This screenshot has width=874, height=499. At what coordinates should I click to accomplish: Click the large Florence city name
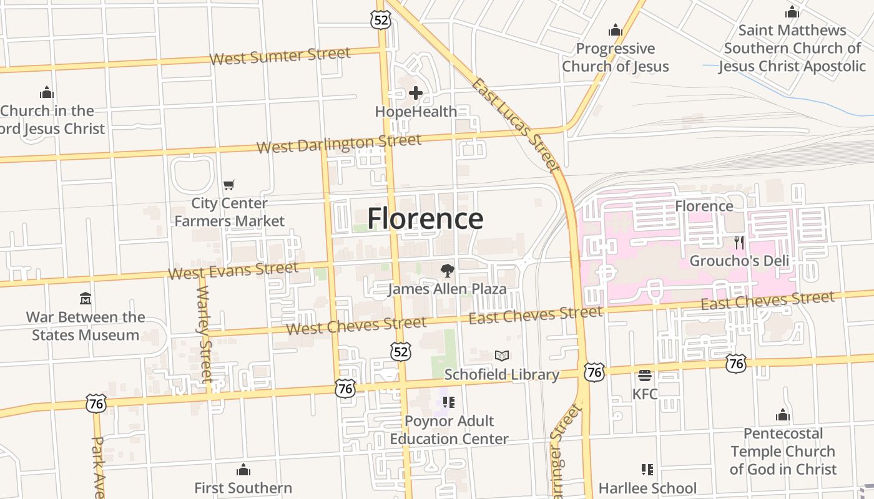pyautogui.click(x=425, y=219)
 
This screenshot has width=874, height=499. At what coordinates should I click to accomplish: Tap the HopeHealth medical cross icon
pyautogui.click(x=416, y=94)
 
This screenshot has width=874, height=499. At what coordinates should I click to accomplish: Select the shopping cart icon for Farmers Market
pyautogui.click(x=229, y=185)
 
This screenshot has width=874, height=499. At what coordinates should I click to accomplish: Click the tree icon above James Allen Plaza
pyautogui.click(x=447, y=270)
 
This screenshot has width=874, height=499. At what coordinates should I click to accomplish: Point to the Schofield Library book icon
pyautogui.click(x=502, y=356)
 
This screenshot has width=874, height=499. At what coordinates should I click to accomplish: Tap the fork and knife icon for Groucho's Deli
pyautogui.click(x=739, y=242)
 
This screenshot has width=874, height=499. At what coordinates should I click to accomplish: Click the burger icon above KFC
pyautogui.click(x=645, y=375)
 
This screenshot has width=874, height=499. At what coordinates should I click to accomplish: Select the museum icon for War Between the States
pyautogui.click(x=86, y=298)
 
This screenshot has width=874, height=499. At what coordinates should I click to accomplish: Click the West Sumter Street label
pyautogui.click(x=280, y=56)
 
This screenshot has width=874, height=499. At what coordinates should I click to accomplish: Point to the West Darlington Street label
pyautogui.click(x=339, y=143)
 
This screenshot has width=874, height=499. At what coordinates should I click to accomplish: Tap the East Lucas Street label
pyautogui.click(x=515, y=125)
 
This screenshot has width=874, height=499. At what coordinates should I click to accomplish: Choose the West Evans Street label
pyautogui.click(x=233, y=271)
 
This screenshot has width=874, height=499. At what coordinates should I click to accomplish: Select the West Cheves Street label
pyautogui.click(x=356, y=325)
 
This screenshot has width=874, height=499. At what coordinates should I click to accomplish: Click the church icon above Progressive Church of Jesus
pyautogui.click(x=616, y=30)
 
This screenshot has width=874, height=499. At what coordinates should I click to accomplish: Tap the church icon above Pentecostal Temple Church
pyautogui.click(x=783, y=415)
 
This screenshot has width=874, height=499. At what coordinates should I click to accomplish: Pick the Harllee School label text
pyautogui.click(x=647, y=488)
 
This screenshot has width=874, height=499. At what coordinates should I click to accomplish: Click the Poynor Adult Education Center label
pyautogui.click(x=449, y=430)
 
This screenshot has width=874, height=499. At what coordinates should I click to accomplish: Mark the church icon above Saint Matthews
pyautogui.click(x=792, y=12)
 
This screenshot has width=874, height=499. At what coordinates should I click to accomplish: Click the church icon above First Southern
pyautogui.click(x=243, y=469)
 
